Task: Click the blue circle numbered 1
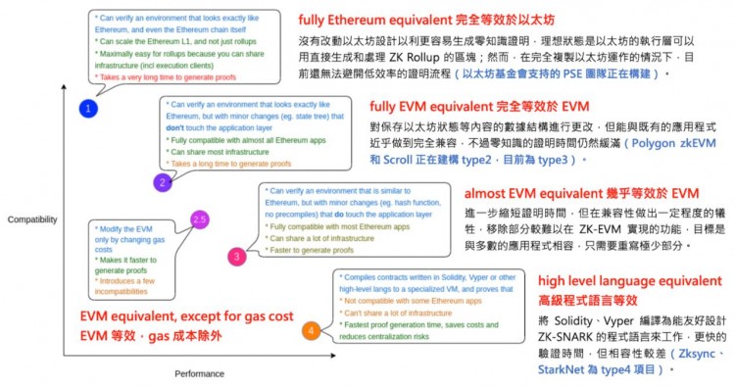[x=87, y=108]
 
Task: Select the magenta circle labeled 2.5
[x=199, y=218]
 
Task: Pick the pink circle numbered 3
[x=235, y=256]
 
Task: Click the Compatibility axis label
[x=31, y=219]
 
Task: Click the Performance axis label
[x=200, y=373]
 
